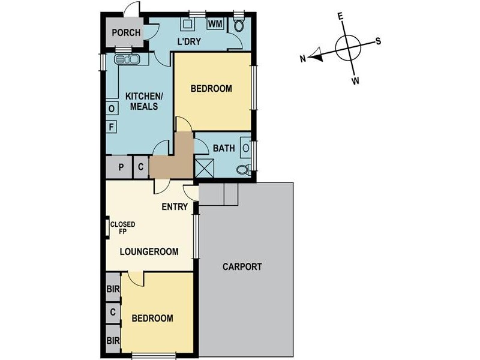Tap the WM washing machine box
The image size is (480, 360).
click(x=215, y=24)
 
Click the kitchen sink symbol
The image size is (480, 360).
click(x=128, y=59)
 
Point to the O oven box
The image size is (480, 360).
click(x=112, y=108)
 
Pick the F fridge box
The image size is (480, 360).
click(x=112, y=127)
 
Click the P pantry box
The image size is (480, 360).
click(x=121, y=167)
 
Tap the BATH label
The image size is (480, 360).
click(x=224, y=146)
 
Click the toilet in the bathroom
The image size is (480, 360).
click(x=243, y=170)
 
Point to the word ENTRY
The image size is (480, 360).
click(x=175, y=207)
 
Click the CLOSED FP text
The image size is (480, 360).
click(x=122, y=228)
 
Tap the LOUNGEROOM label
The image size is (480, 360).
click(x=149, y=252)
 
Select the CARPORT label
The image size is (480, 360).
click(x=242, y=267)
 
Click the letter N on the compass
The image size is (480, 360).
click(x=304, y=58)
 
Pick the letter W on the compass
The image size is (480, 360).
click(x=356, y=80)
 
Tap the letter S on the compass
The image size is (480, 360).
click(x=379, y=41)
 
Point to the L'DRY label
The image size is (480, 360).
click(x=188, y=41)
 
